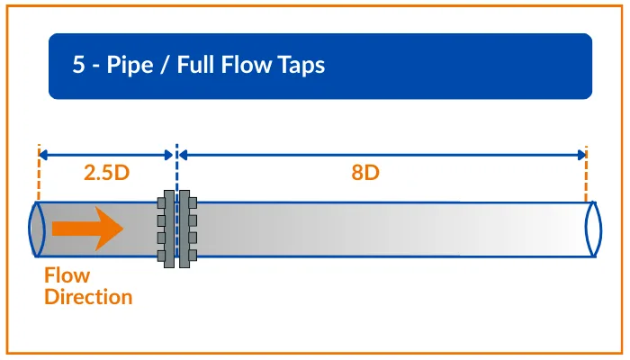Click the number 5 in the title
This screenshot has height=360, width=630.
click(x=78, y=66)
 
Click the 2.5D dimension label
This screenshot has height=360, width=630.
click(x=107, y=174)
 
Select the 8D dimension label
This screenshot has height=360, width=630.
click(x=364, y=174)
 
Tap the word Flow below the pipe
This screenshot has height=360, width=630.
click(x=67, y=276)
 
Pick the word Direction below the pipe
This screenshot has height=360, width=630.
click(x=88, y=296)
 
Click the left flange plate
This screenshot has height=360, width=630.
click(x=168, y=229)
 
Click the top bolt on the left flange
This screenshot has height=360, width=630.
click(x=161, y=202)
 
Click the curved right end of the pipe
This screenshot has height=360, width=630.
click(x=590, y=229)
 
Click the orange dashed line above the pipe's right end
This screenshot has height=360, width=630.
click(x=586, y=175)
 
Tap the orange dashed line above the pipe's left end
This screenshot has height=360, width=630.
click(x=39, y=175)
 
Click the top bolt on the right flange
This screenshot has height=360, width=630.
click(x=192, y=202)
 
